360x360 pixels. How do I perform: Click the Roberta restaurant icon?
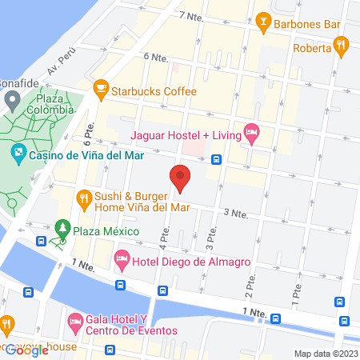coord(342,47)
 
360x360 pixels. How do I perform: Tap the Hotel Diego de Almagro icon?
coord(122,258)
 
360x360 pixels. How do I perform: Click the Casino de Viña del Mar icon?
coord(18,152)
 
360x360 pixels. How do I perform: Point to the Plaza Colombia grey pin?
coord(12,101)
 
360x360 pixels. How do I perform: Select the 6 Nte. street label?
coord(157,58)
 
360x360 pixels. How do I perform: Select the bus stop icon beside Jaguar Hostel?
coord(218,158)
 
